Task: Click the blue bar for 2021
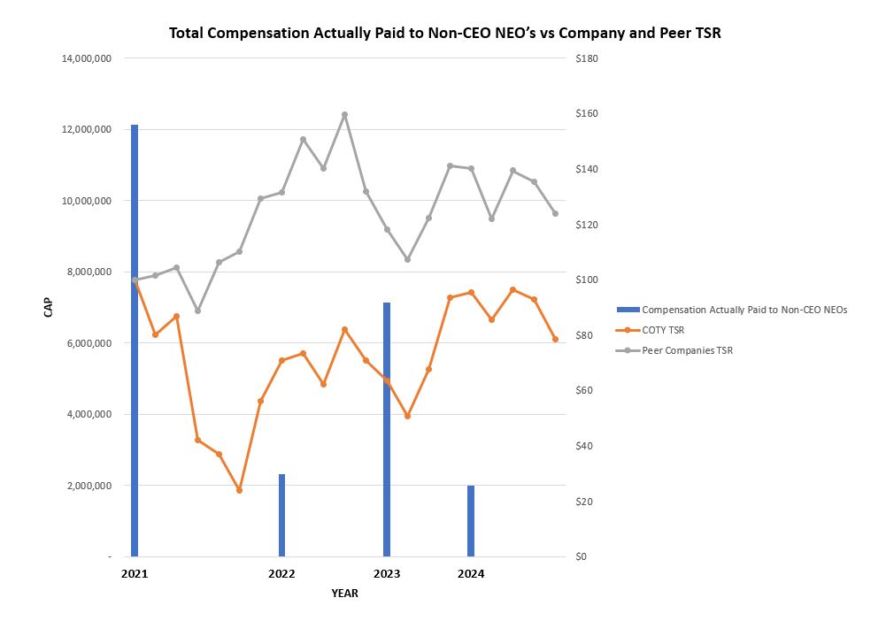(135, 341)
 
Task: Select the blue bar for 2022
(281, 515)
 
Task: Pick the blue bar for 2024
(471, 521)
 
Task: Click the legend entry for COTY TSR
(664, 330)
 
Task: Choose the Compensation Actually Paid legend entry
(743, 310)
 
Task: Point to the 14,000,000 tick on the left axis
(86, 58)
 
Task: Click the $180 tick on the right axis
(587, 58)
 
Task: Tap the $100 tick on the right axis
(587, 280)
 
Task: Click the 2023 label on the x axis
(387, 574)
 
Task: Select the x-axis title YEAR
(345, 594)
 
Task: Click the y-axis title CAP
(50, 307)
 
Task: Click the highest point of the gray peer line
(344, 114)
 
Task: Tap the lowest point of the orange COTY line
(239, 489)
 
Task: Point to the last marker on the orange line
(555, 339)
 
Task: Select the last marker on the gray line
(555, 213)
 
